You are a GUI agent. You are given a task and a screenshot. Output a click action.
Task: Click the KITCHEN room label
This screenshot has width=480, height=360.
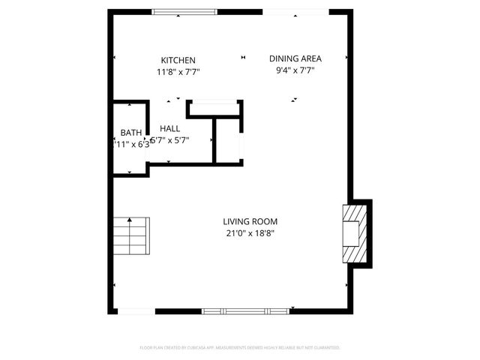coord(178,60)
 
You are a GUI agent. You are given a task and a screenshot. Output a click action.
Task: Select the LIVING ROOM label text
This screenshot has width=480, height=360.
coord(250,221)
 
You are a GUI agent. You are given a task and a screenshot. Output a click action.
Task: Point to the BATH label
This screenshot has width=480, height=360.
coord(130,133)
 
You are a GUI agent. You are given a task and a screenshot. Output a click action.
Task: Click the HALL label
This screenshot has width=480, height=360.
coord(169,128)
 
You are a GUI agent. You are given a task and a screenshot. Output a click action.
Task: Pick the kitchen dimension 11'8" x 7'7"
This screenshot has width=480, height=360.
coord(178,72)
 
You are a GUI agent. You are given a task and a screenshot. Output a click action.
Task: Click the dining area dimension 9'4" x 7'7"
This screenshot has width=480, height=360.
coord(295,70)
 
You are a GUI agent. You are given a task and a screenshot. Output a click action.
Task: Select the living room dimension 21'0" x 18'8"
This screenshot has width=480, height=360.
coord(250,232)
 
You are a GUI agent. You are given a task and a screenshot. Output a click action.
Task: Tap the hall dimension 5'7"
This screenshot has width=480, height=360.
coord(170,140)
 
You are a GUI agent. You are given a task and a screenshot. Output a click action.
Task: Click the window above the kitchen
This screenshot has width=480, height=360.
coord(184,12)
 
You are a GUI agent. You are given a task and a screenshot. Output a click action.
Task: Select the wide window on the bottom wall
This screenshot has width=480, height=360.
coord(245,310)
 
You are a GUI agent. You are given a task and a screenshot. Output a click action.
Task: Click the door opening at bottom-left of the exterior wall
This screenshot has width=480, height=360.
coord(137,310)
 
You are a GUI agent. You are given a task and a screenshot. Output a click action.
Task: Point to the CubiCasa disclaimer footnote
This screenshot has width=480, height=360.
coord(240,348)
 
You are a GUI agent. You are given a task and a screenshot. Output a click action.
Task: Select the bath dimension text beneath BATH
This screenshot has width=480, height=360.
coord(132,145)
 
